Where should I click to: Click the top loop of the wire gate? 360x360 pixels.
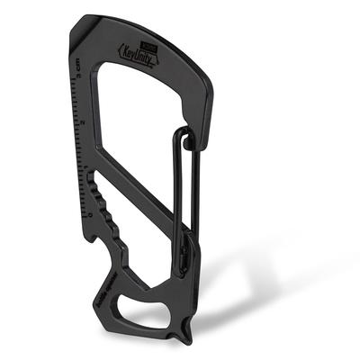click(184, 135)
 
